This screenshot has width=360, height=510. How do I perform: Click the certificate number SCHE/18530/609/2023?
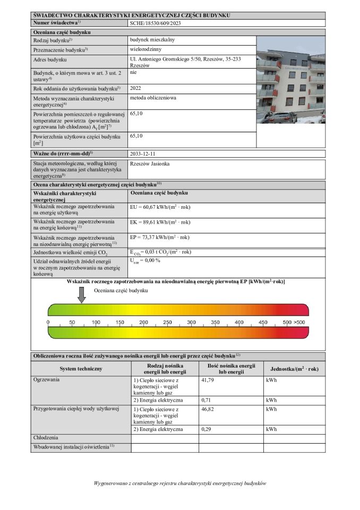(155, 23)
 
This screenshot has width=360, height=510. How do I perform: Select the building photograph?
(290, 80)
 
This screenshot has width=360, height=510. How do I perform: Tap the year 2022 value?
(135, 88)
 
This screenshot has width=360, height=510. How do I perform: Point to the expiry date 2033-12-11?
(146, 153)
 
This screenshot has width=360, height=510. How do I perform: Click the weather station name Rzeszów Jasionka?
(150, 164)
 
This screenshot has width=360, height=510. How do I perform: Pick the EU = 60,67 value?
(160, 207)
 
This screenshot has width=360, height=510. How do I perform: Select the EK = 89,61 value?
(160, 222)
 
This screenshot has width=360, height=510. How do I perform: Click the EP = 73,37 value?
(159, 237)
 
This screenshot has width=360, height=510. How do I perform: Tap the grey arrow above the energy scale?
(81, 294)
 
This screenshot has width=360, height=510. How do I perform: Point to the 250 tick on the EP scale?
(167, 322)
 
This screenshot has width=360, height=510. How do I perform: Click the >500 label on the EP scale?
(299, 322)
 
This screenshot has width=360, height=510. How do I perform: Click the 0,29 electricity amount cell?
(207, 429)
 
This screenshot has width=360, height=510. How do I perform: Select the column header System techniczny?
(81, 369)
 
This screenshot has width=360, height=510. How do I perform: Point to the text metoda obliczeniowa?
(153, 98)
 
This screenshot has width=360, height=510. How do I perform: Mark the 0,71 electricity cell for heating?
(207, 399)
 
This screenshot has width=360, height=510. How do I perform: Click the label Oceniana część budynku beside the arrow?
(121, 291)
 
